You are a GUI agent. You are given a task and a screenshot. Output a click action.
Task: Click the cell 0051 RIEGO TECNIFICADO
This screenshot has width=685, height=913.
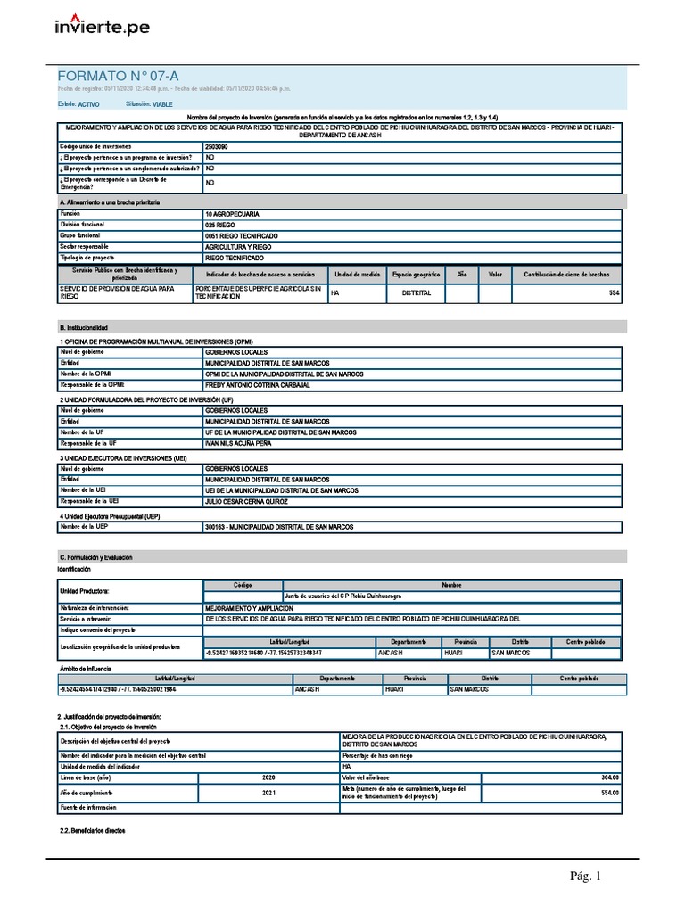coord(241,236)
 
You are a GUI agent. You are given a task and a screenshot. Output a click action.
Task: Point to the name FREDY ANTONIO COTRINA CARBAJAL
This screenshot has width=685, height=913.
coord(257,385)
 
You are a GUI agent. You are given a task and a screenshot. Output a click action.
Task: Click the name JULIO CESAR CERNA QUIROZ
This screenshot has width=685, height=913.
coord(248,502)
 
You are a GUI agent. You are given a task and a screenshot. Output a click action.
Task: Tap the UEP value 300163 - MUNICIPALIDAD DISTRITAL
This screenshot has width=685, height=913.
coord(279,527)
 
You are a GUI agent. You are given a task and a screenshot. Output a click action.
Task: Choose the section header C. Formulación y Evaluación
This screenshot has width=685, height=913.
coord(95,557)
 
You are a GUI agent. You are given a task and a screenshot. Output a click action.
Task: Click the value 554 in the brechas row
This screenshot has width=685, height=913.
coord(613,292)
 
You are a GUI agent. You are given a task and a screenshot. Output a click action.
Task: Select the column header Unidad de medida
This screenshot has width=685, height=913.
coord(358,274)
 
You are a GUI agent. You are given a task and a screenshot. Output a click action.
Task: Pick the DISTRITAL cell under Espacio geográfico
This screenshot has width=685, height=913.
coord(417,292)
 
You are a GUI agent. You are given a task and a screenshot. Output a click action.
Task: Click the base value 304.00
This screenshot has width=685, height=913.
coord(609,777)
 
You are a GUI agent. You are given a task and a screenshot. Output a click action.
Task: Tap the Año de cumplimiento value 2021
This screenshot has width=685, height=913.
coord(268,792)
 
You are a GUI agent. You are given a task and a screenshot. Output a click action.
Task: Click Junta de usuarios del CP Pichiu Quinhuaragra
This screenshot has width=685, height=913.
coord(342,595)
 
